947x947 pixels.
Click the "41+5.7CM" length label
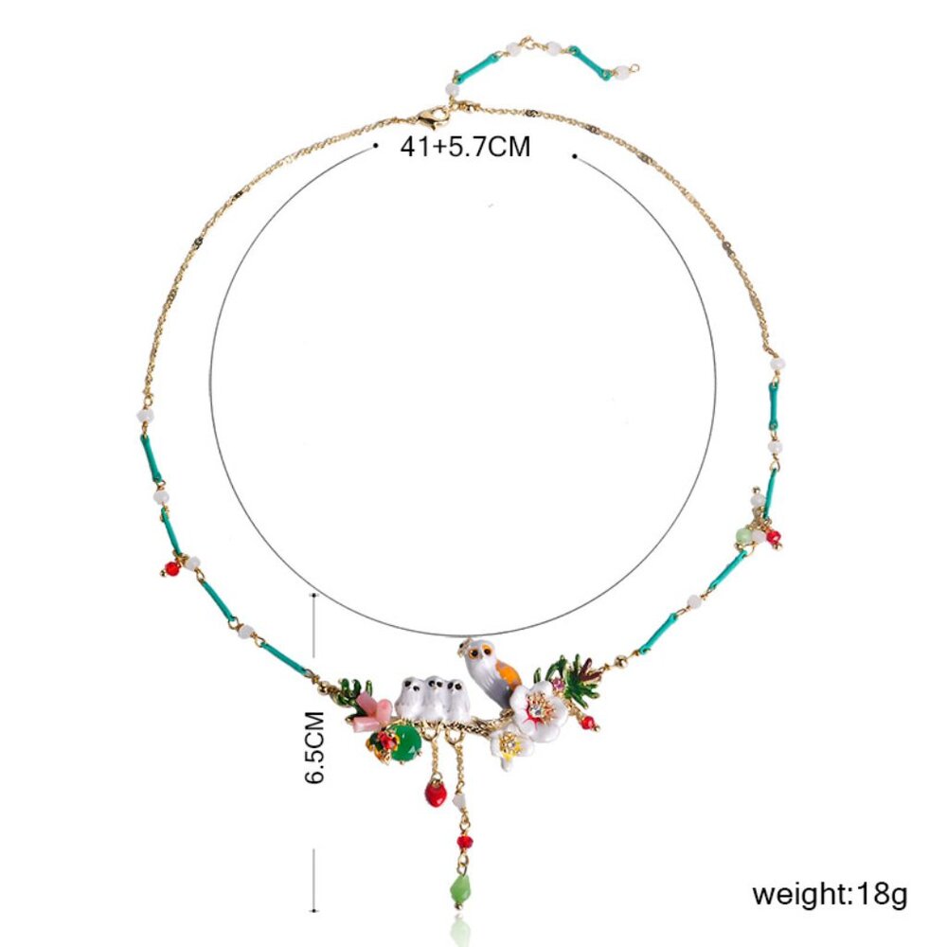(x=465, y=146)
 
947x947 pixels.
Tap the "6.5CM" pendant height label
(x=314, y=748)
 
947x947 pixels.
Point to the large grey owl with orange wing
(x=491, y=670)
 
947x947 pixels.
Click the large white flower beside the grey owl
(x=539, y=707)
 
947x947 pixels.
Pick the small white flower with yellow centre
(x=510, y=747)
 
